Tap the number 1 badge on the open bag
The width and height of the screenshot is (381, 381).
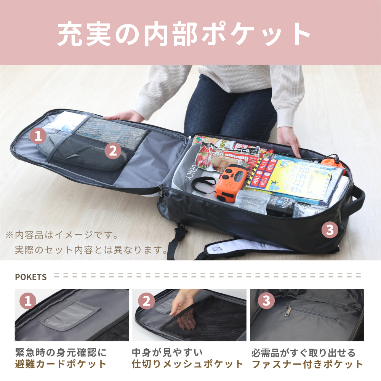click(37, 135)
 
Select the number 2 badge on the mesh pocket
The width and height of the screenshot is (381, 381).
click(112, 151)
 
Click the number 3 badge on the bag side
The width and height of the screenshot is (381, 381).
click(330, 230)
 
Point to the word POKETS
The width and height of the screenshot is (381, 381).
click(30, 277)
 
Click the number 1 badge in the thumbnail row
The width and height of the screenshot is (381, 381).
click(27, 301)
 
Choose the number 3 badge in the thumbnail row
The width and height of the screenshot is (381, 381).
click(266, 301)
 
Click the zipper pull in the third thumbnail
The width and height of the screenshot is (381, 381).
click(289, 312)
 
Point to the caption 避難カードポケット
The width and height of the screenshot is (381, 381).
click(61, 363)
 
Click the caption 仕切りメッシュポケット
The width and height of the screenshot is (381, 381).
click(187, 363)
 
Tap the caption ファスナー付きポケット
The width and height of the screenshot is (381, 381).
click(307, 363)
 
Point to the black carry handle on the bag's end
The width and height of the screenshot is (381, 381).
click(358, 199)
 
